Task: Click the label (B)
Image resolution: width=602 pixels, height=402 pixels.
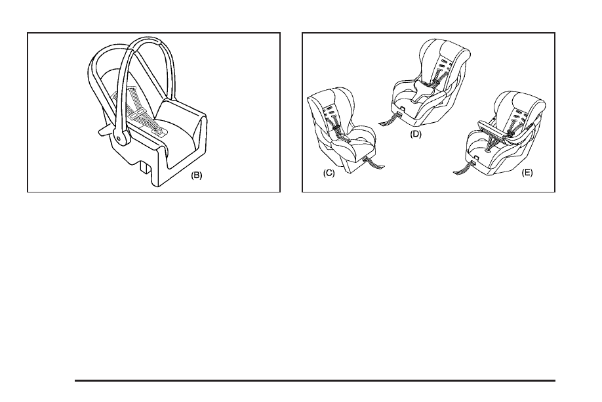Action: (x=196, y=175)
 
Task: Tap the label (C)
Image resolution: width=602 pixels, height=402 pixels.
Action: (x=329, y=173)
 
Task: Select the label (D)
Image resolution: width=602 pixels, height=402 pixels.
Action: (x=415, y=134)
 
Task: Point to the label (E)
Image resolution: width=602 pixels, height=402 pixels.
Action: (x=527, y=173)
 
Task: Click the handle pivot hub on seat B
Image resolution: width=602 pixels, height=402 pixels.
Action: (x=119, y=138)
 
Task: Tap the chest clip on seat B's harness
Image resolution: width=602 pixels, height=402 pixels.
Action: (x=138, y=113)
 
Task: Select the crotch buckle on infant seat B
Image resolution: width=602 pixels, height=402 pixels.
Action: (x=158, y=132)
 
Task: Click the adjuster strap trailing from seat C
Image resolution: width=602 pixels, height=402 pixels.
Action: (x=373, y=163)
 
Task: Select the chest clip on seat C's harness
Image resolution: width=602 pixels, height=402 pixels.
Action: (x=336, y=127)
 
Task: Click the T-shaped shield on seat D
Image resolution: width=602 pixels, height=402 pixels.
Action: (x=422, y=91)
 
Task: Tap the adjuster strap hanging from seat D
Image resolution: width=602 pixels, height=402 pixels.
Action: (x=390, y=119)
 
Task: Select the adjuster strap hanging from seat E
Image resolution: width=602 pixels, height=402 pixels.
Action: (x=464, y=167)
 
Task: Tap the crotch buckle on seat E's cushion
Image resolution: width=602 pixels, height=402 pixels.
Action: (x=489, y=151)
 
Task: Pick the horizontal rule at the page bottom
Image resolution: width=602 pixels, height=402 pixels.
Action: (x=315, y=380)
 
